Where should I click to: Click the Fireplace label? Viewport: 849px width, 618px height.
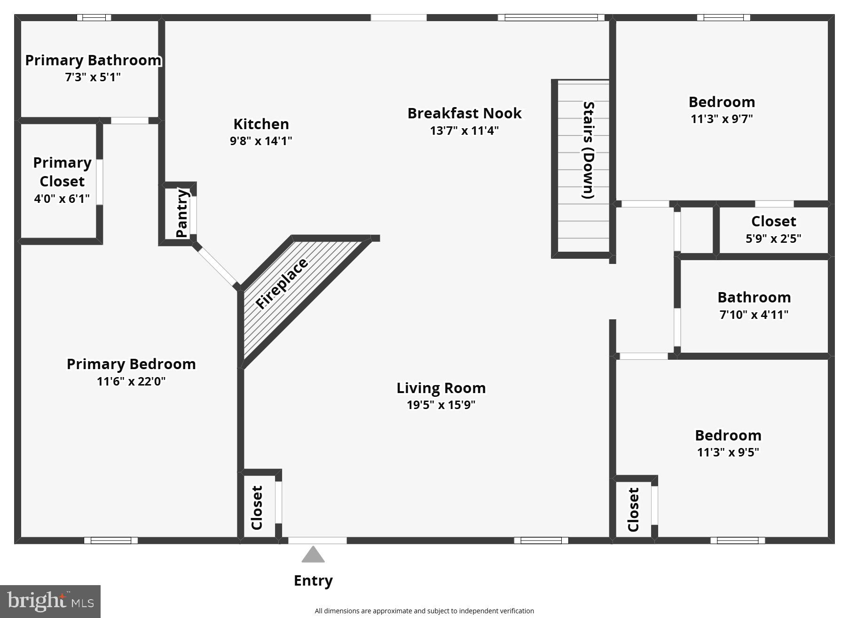click(x=282, y=284)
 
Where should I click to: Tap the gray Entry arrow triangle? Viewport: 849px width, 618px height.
click(x=313, y=555)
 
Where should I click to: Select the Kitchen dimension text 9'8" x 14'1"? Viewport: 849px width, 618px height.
click(x=261, y=141)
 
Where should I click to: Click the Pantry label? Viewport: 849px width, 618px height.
click(x=181, y=213)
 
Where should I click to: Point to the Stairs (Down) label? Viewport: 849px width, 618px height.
click(x=588, y=150)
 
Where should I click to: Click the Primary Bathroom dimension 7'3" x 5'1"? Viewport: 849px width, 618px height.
click(x=93, y=77)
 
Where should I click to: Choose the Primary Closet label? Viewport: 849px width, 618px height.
click(x=62, y=172)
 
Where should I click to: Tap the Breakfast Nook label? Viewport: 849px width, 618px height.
click(x=464, y=113)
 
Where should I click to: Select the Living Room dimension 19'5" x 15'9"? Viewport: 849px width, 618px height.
click(x=440, y=405)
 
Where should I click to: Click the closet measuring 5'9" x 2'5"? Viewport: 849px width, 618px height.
click(x=773, y=229)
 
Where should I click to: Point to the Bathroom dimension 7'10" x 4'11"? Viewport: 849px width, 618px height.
click(x=754, y=315)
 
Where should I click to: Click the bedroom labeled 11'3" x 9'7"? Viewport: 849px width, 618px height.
click(x=722, y=110)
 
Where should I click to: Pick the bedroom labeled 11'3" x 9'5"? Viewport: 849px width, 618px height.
click(x=728, y=443)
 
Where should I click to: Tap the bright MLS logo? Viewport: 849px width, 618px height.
click(x=50, y=601)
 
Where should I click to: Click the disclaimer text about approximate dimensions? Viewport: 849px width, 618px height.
click(x=424, y=611)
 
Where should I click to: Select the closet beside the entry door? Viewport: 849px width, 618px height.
click(x=257, y=507)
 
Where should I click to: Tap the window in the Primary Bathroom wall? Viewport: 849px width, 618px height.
click(x=94, y=18)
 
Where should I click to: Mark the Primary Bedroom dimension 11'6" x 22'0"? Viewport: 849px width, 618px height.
click(x=131, y=381)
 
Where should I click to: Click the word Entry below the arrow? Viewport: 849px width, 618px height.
click(x=313, y=581)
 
